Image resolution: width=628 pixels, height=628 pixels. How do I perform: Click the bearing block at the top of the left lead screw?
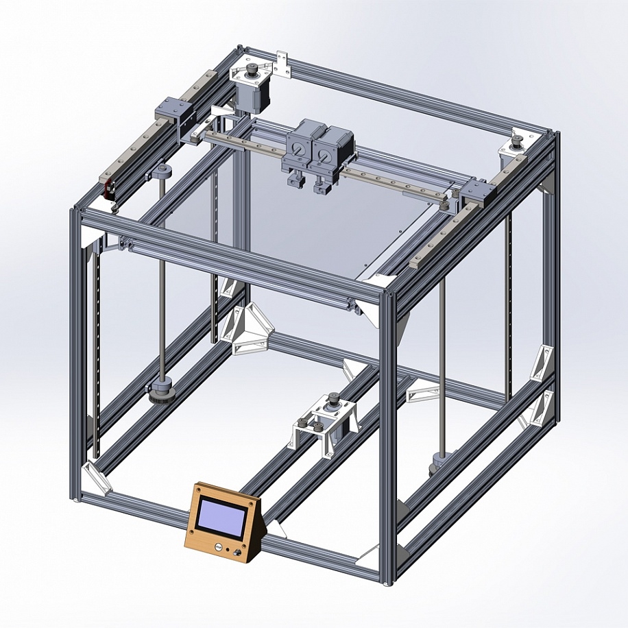click(x=162, y=171)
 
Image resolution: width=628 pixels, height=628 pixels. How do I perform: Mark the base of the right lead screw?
click(x=439, y=463)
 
